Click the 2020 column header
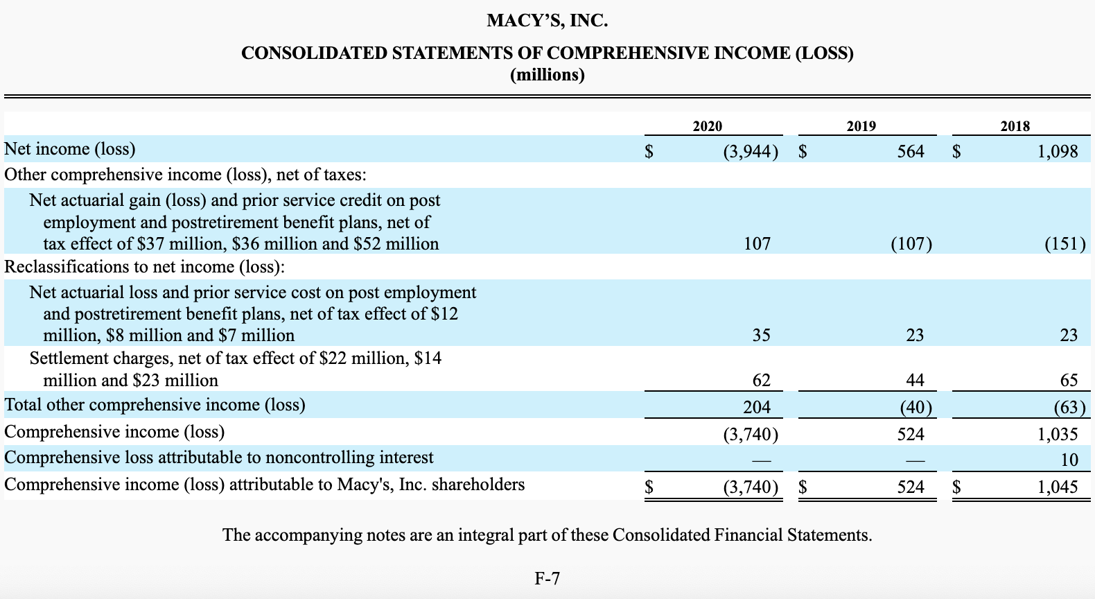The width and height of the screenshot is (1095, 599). (x=707, y=126)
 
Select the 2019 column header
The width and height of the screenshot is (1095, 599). (x=861, y=126)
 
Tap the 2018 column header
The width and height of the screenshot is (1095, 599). (x=1015, y=126)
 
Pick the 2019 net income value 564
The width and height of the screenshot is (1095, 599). (x=910, y=151)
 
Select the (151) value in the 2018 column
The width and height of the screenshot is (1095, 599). (x=1064, y=244)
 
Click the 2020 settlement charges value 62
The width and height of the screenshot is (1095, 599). (x=761, y=380)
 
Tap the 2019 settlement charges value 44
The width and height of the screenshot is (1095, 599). (x=915, y=380)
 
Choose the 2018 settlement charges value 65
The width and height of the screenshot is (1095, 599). (x=1069, y=380)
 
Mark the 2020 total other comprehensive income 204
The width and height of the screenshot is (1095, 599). (x=757, y=407)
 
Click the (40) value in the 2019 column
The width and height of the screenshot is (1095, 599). (x=916, y=407)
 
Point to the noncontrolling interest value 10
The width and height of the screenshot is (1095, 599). (x=1069, y=460)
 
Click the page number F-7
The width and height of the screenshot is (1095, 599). (x=547, y=578)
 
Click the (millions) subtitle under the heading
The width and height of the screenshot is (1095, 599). (x=547, y=75)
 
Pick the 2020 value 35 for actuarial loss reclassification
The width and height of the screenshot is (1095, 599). (x=761, y=336)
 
